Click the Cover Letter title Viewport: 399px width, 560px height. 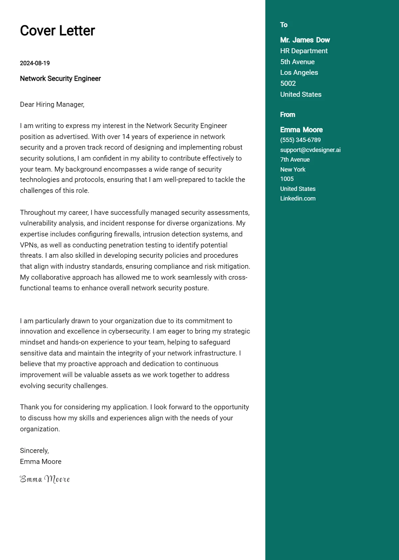(x=57, y=31)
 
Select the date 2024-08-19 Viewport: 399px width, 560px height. (x=35, y=63)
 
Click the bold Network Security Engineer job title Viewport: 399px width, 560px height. (x=60, y=79)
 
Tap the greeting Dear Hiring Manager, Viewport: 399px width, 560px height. (x=52, y=104)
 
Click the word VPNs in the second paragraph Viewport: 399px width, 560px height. (x=29, y=245)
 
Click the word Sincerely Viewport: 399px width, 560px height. (x=34, y=451)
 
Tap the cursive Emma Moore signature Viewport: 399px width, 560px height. (x=45, y=479)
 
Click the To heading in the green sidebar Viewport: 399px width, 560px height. (x=284, y=25)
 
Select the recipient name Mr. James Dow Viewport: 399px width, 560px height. (x=305, y=40)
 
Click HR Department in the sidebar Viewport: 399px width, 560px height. (x=304, y=51)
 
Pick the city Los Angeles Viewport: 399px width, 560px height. (x=299, y=72)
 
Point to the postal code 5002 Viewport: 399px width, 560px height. (x=288, y=83)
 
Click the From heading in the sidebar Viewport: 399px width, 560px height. (x=288, y=115)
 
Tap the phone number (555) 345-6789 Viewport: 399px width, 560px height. (x=300, y=140)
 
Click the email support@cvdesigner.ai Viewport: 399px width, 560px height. (x=310, y=150)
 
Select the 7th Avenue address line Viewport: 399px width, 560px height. (x=295, y=160)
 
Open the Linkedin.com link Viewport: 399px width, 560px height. (x=298, y=199)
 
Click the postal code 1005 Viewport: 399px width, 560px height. (x=287, y=179)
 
